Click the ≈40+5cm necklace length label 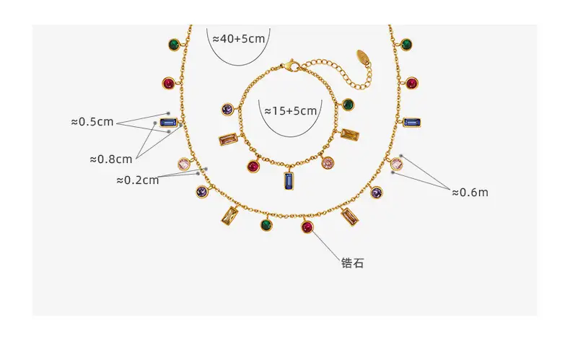239,38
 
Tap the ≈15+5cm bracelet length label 291,110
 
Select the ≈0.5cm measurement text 92,121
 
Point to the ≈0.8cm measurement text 111,159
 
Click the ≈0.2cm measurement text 137,180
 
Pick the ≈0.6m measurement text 470,192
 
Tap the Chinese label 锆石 352,263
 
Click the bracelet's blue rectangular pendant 289,181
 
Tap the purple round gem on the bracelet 228,109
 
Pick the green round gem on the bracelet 348,105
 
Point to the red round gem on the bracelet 253,167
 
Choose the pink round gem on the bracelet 328,162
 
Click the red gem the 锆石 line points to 307,227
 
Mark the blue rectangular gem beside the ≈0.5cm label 168,123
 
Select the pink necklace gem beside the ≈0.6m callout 397,164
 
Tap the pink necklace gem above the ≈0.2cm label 184,164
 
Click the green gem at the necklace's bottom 267,224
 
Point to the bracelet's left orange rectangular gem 228,139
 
